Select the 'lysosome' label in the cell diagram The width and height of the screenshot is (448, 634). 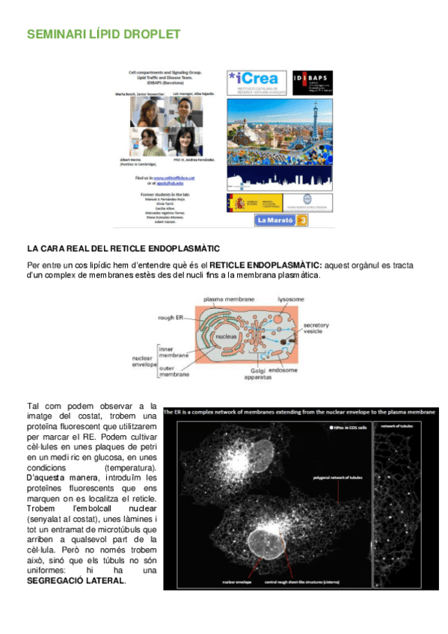[290, 298]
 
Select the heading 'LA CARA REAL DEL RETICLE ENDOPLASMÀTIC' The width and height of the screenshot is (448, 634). [123, 247]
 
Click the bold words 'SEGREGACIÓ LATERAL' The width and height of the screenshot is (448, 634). [76, 580]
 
